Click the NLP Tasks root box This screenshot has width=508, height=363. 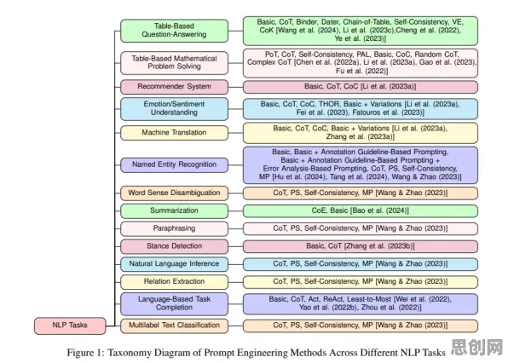click(x=70, y=326)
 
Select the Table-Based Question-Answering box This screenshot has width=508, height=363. click(x=174, y=31)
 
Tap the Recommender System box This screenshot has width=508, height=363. click(x=174, y=87)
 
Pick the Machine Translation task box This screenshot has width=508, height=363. click(x=174, y=133)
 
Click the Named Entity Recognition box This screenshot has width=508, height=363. click(x=174, y=164)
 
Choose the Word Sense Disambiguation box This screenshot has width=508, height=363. click(x=174, y=193)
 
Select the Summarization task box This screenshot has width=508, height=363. click(x=174, y=210)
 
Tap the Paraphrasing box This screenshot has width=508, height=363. click(x=174, y=228)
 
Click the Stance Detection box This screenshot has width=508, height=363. click(x=174, y=246)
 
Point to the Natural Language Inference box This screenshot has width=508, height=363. click(x=174, y=264)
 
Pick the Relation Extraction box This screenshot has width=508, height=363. click(x=174, y=282)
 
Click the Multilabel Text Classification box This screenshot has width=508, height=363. click(x=174, y=326)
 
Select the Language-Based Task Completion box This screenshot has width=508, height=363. click(x=174, y=303)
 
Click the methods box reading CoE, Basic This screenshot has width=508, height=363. click(x=361, y=210)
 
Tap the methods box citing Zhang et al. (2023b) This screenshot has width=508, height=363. click(x=361, y=246)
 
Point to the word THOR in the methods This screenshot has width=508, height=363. click(x=329, y=104)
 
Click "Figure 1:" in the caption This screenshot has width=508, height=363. click(x=85, y=353)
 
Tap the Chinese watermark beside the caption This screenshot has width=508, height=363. click(x=476, y=348)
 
